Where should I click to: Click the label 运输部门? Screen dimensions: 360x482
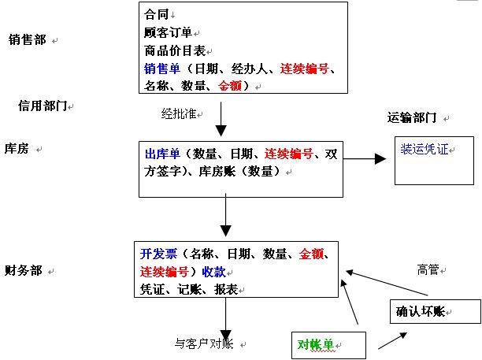[x=412, y=117]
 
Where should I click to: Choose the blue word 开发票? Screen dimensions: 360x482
[x=157, y=254]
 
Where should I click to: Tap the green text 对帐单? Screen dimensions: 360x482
[x=315, y=344]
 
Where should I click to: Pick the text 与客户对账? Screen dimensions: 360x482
[x=204, y=343]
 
